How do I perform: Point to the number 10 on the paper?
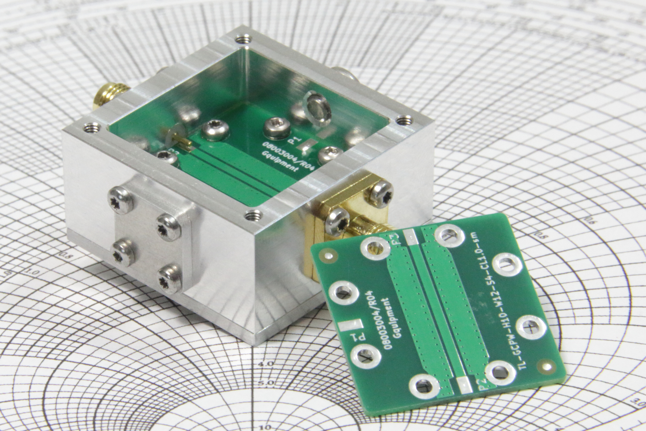(266, 427)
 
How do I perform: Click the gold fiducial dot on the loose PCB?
(547, 367)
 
